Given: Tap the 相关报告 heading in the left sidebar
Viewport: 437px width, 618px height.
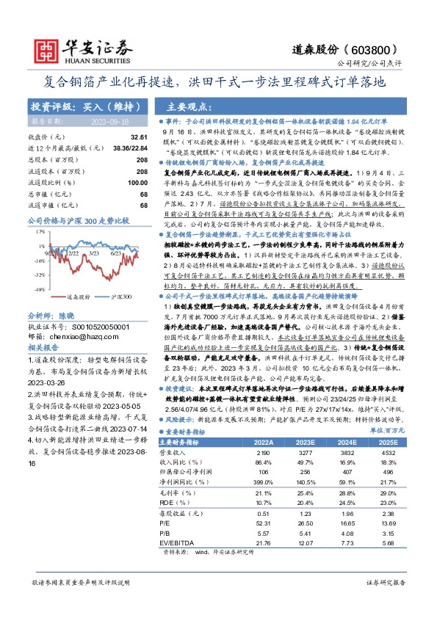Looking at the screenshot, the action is coord(42,323).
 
